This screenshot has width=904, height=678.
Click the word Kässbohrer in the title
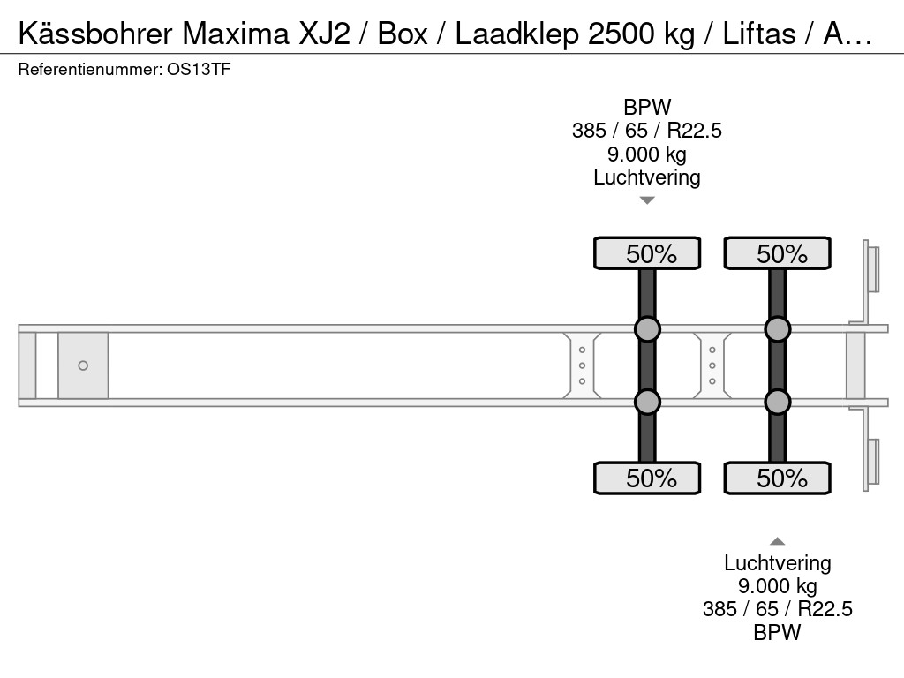pos(95,34)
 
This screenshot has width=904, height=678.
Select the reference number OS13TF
pos(199,70)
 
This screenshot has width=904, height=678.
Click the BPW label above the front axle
pos(647,107)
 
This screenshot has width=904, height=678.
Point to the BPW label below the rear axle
pos(777,632)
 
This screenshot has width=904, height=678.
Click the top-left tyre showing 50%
pos(647,253)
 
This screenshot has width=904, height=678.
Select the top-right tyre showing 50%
pos(777,253)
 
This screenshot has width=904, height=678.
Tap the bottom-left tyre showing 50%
pos(647,478)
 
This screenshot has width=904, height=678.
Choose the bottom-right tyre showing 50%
pos(777,478)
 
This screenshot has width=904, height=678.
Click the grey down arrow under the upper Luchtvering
pos(647,200)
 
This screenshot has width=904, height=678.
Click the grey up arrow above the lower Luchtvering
pos(777,541)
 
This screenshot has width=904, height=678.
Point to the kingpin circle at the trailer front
pos(83,365)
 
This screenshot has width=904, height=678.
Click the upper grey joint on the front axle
pos(647,329)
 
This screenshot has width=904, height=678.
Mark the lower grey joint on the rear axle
pos(777,402)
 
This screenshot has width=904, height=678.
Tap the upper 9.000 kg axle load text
pos(647,154)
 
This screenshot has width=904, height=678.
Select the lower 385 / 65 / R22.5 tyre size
pos(777,609)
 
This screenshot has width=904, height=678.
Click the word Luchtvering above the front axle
pos(647,177)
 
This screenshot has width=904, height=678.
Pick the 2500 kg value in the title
pos(641,34)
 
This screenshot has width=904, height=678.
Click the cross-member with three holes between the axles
pos(712,365)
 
